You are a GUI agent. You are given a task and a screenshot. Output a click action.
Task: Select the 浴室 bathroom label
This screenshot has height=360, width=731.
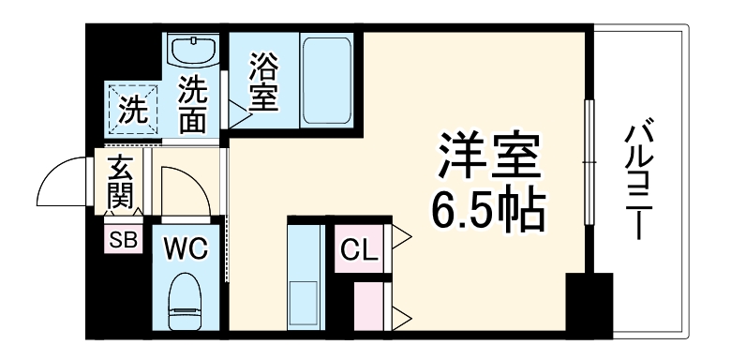click(x=263, y=83)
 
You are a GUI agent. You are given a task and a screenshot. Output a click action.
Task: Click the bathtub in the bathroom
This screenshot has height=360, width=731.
click(x=328, y=82)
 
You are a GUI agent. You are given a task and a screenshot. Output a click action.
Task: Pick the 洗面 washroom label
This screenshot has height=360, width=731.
click(x=193, y=105)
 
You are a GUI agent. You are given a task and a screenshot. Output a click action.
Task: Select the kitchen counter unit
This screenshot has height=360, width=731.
click(x=306, y=281)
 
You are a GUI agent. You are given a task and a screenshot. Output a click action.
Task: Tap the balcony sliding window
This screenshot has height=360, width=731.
click(x=589, y=160)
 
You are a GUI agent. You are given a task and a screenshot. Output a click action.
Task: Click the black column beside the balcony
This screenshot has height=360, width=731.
click(x=589, y=302)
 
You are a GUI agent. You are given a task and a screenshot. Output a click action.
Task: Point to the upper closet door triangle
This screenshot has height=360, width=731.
click(x=401, y=238)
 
